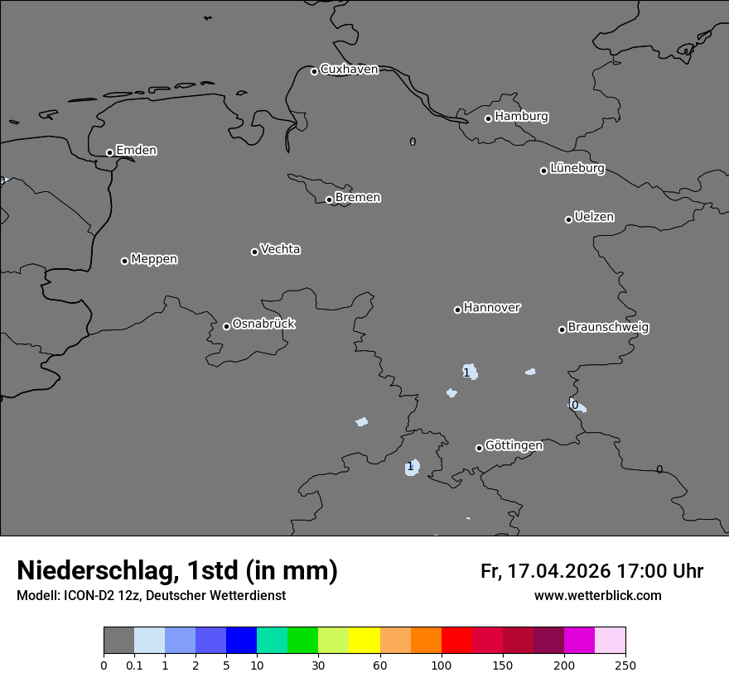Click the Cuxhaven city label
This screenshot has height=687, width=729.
[349, 70]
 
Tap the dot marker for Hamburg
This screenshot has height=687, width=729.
[488, 118]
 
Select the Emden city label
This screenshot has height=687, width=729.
[136, 151]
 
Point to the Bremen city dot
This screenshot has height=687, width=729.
[329, 199]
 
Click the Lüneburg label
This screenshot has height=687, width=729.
[577, 169]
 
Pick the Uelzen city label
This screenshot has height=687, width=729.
[594, 218]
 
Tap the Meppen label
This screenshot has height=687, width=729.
[154, 259]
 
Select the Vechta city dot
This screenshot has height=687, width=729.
[254, 252]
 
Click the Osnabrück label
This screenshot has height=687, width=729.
[263, 324]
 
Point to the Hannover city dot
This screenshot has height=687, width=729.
[457, 310]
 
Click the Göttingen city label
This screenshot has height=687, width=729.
[514, 446]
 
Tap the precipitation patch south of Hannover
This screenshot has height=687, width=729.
[470, 372]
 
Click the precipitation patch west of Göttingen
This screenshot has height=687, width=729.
[412, 468]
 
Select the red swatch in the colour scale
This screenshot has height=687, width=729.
[456, 641]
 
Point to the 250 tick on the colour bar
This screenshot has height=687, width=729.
[625, 665]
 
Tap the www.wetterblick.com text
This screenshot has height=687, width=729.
[597, 595]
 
